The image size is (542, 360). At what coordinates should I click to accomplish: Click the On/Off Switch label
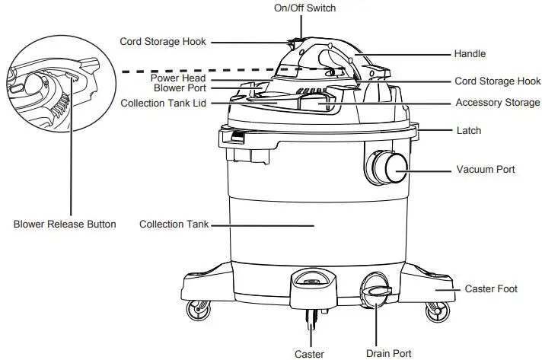tap(304, 8)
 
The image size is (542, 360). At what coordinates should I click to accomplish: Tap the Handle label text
tap(470, 54)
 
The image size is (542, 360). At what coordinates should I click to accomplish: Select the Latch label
tap(468, 131)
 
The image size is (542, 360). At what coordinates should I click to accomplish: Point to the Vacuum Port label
tap(485, 169)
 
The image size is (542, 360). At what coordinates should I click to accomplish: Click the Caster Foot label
tap(491, 289)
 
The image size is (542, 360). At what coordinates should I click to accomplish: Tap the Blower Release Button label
tap(65, 225)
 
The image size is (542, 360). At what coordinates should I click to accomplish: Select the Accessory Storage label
tap(497, 103)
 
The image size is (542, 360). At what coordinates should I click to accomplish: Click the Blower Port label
tap(180, 88)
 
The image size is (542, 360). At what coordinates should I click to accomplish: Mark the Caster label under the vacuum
tap(309, 353)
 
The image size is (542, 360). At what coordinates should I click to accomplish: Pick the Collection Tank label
tap(174, 225)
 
